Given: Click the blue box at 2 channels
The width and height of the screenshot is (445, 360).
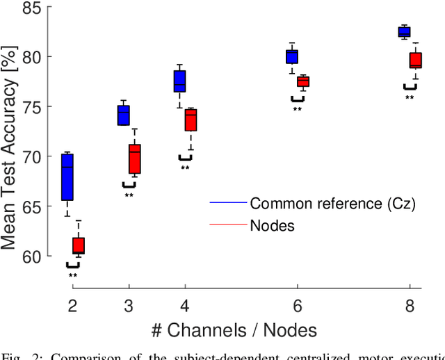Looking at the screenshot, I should tap(67, 177).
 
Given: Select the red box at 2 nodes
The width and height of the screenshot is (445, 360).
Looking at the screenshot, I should tap(79, 245).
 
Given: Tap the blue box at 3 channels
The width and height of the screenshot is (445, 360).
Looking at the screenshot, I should tap(124, 115).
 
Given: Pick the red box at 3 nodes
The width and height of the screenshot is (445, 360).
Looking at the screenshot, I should tap(135, 159).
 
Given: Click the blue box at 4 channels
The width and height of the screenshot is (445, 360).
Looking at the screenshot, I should tap(179, 81).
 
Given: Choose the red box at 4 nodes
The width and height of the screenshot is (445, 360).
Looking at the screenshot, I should tap(191, 120).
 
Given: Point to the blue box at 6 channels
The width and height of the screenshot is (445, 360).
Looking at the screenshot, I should tap(292, 56).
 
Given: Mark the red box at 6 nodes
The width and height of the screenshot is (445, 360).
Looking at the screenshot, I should tap(303, 81).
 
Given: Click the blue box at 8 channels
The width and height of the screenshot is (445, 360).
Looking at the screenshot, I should tap(404, 31).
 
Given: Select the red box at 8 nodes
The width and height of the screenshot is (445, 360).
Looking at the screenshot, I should tap(415, 60).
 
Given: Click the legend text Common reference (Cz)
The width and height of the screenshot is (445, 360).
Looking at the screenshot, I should tap(332, 204).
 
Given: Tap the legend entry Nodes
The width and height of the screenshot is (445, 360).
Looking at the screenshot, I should tap(273, 224).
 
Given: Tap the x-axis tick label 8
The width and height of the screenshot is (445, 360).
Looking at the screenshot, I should tap(410, 305).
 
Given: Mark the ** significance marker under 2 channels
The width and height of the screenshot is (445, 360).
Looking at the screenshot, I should tap(73, 276).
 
